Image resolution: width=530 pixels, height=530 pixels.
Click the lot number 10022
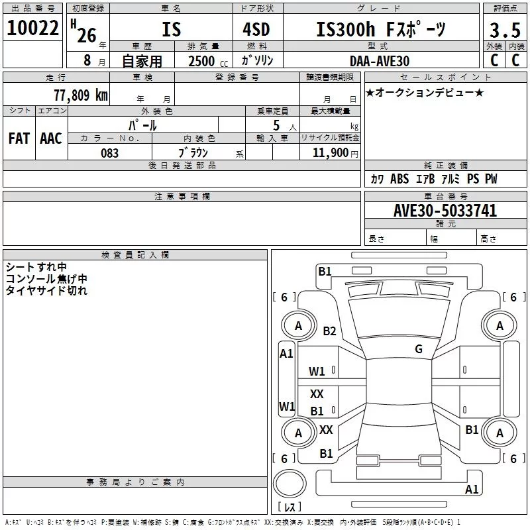(32, 28)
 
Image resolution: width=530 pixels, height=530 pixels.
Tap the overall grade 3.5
(505, 30)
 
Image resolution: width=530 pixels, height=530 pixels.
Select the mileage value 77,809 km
(81, 95)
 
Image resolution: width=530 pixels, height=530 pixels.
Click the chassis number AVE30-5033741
(445, 210)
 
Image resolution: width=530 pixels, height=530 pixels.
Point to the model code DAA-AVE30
(380, 61)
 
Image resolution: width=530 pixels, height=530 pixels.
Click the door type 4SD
(256, 29)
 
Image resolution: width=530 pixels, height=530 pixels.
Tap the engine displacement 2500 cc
(208, 61)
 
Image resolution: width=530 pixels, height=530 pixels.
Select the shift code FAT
(19, 138)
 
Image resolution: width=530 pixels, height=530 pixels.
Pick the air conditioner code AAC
(51, 138)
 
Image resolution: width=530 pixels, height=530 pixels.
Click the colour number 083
(109, 153)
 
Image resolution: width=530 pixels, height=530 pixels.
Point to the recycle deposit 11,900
(331, 153)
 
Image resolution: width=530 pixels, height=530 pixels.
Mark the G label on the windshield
(419, 349)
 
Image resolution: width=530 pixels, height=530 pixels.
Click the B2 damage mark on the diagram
(329, 331)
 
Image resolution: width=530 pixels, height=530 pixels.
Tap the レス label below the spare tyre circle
(290, 507)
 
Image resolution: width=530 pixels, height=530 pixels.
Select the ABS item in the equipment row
(399, 179)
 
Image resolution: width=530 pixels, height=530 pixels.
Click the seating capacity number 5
(276, 125)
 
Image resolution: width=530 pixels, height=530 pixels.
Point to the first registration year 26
(87, 35)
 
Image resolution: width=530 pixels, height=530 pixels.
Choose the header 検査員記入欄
(135, 255)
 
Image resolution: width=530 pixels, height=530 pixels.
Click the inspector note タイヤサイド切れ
(46, 290)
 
